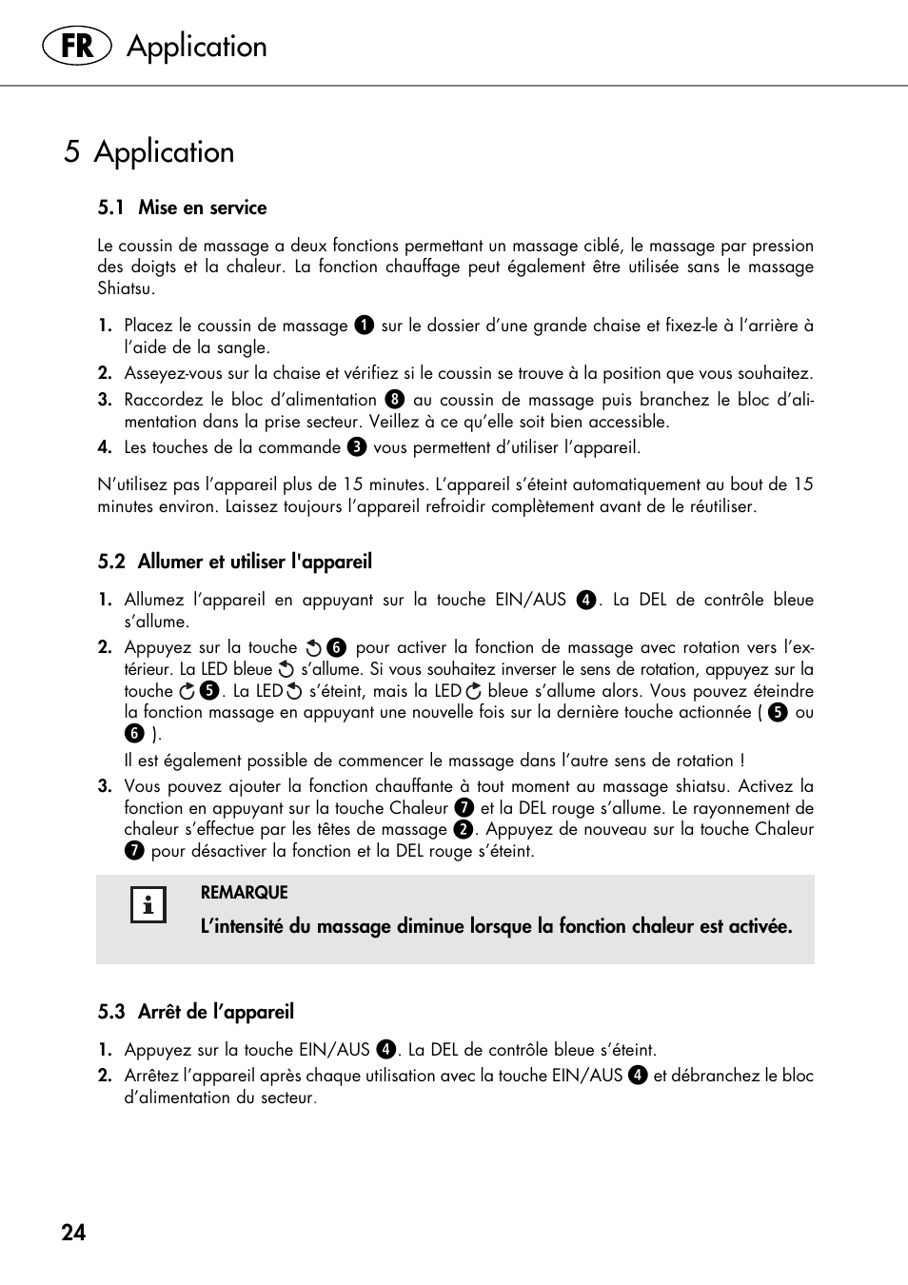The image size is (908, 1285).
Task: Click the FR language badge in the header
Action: (76, 46)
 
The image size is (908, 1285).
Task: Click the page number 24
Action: (73, 1233)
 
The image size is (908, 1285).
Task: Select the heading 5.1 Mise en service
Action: (182, 208)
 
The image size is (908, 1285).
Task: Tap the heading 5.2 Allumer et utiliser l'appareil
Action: (234, 562)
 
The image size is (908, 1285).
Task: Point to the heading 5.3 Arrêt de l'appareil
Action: (195, 1012)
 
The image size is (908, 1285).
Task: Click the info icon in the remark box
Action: (148, 905)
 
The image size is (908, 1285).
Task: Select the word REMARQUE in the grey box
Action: (244, 893)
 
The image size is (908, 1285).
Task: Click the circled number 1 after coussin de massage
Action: (364, 326)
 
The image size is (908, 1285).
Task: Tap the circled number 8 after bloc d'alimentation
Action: (395, 400)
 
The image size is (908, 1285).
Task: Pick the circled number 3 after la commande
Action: (357, 447)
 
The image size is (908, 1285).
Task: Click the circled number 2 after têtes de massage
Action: (464, 829)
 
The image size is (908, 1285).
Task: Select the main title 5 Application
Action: (149, 152)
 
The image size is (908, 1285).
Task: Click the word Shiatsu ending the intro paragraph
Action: (125, 288)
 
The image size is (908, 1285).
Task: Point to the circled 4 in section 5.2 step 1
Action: (586, 600)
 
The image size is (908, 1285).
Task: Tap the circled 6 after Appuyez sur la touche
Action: (336, 648)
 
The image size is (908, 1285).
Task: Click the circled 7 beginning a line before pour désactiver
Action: (134, 851)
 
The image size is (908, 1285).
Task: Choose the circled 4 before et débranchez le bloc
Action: (638, 1076)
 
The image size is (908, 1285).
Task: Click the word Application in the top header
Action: (197, 47)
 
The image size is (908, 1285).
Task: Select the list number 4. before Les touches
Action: (105, 447)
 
